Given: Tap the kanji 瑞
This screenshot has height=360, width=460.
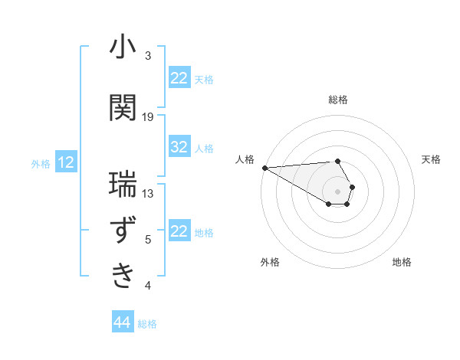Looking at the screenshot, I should [x=123, y=185].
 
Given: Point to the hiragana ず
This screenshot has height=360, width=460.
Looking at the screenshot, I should [x=123, y=231].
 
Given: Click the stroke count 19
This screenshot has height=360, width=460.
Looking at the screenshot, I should [x=148, y=116].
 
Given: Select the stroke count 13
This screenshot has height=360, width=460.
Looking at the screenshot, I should [x=148, y=194].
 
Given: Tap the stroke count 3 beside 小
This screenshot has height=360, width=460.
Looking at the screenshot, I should [x=148, y=56].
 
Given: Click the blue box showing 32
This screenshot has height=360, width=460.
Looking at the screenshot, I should [x=179, y=148].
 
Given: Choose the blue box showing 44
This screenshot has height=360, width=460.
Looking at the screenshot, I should [x=122, y=323].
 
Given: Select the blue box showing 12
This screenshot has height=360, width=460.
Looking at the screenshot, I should [x=66, y=162].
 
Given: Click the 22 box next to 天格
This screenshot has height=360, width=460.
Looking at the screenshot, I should [x=179, y=78].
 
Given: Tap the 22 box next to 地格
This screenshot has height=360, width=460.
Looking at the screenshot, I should [x=179, y=231].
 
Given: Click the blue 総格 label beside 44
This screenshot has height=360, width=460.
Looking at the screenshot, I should [x=147, y=324].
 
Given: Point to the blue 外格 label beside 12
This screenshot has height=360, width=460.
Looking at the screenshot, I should [x=41, y=163].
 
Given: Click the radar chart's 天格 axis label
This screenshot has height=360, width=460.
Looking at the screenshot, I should [x=431, y=159].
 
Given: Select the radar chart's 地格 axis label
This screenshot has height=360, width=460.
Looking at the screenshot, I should [x=402, y=262].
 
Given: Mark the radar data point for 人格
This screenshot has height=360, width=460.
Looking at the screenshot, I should [x=264, y=168].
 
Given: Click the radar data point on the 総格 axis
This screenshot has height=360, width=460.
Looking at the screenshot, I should [x=337, y=161].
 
